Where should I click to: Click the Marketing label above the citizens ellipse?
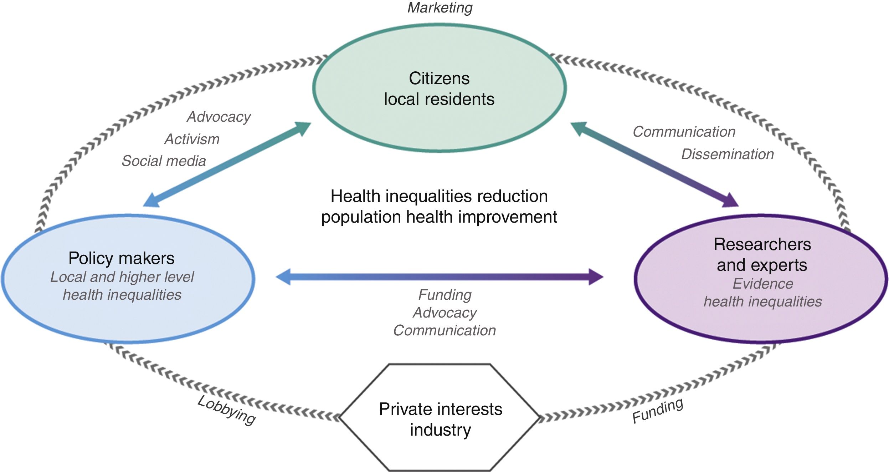[440, 8]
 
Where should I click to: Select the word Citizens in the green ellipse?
[439, 78]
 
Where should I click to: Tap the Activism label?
[192, 139]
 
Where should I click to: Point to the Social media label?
[164, 161]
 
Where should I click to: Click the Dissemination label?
[727, 154]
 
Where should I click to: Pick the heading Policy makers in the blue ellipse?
[121, 258]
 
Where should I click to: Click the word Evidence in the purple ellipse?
[762, 284]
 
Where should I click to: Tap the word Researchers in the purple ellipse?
[762, 244]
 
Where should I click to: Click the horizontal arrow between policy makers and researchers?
[439, 277]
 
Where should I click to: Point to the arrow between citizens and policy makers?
[227, 164]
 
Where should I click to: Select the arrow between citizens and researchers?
[654, 164]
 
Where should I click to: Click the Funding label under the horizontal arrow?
[444, 295]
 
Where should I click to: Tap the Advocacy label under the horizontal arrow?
[444, 313]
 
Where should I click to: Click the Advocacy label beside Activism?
[219, 117]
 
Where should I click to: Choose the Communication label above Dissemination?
[684, 132]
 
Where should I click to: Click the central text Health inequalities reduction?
[439, 196]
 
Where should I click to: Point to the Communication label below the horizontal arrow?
[444, 331]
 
